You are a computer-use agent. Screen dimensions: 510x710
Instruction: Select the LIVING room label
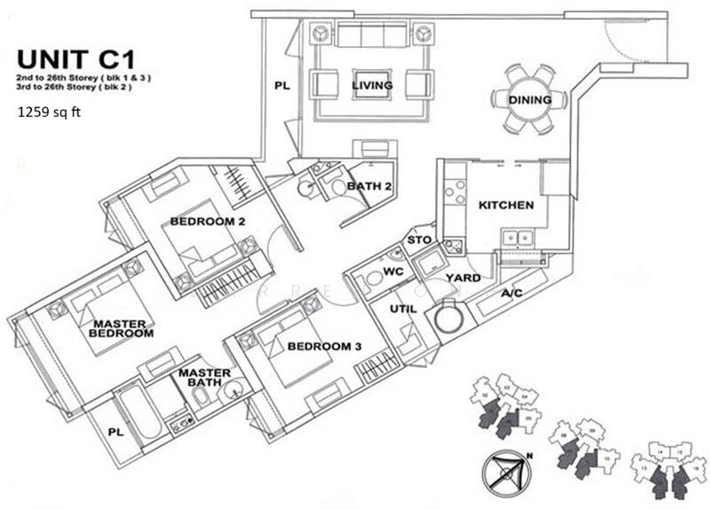coord(372,85)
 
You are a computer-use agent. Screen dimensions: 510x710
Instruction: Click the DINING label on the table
coord(530,100)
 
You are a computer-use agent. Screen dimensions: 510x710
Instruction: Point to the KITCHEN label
coord(506,205)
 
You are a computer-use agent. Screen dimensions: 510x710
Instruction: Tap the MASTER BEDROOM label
coord(122,329)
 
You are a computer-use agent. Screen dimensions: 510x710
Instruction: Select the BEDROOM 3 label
coord(320,346)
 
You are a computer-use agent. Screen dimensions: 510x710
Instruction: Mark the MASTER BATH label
coord(205,378)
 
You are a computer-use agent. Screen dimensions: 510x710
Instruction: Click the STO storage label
coord(418,240)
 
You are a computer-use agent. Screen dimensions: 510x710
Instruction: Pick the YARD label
coord(463,278)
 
